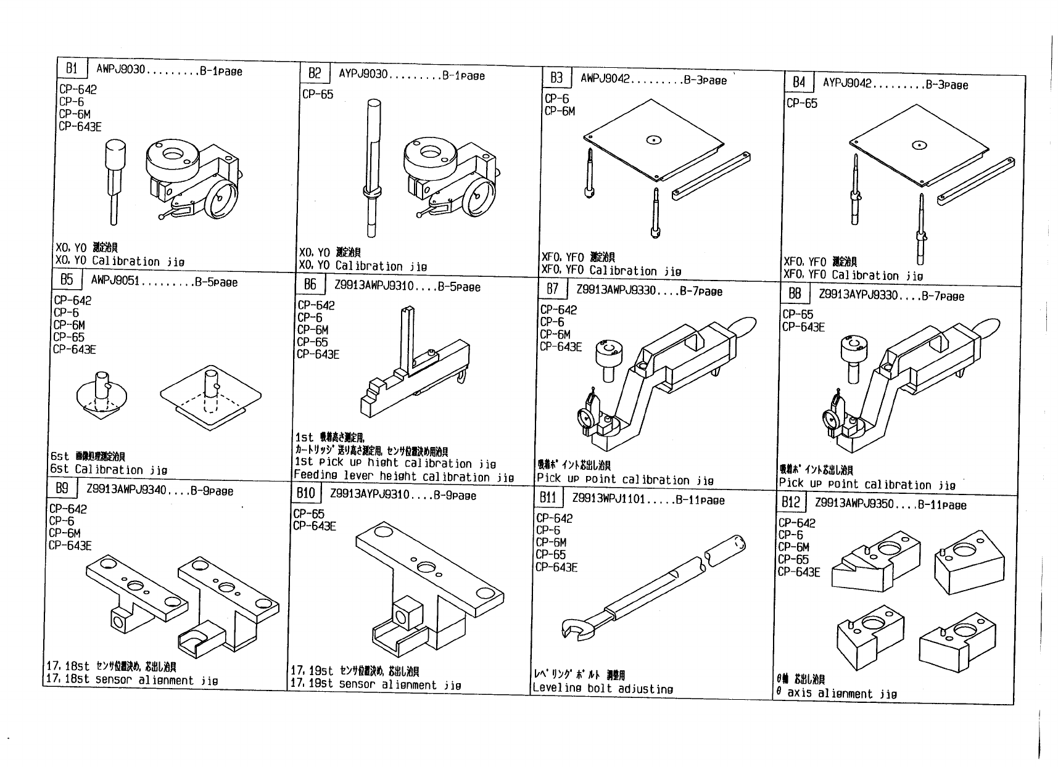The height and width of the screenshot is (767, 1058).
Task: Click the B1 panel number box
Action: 72,68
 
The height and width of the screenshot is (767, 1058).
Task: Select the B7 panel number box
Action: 553,289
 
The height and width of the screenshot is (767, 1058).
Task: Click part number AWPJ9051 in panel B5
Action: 115,281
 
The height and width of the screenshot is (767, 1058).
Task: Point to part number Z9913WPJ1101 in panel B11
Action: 608,499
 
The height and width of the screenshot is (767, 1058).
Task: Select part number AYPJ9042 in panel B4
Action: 846,83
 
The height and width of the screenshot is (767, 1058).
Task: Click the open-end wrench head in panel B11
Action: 574,628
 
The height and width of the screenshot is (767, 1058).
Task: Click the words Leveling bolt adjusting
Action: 603,689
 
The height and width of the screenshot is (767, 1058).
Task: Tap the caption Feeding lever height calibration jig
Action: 403,477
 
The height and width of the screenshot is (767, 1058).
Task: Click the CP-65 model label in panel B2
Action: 318,94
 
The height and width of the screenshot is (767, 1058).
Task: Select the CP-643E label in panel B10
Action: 315,526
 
